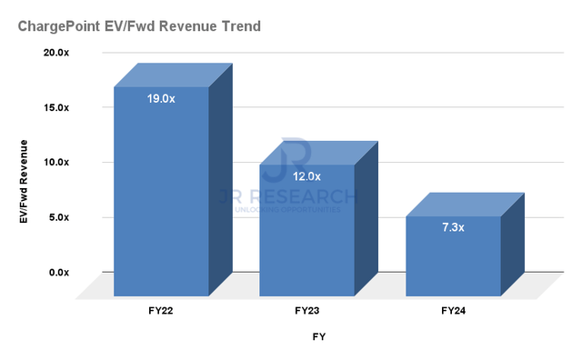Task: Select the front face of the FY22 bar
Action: coord(161,200)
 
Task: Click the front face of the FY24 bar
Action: coord(453,259)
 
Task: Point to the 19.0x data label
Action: coord(160,97)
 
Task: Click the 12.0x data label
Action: coord(306,176)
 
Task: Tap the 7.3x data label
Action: coord(453,227)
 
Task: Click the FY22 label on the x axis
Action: coord(161,311)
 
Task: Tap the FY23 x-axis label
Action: coord(307,311)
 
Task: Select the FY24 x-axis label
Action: coord(453,311)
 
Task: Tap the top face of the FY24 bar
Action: coord(465,205)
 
